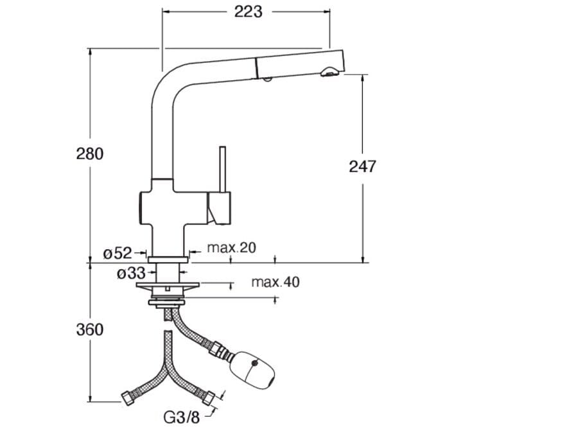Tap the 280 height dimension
(x=90, y=153)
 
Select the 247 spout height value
(x=362, y=166)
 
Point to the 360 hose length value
(x=90, y=329)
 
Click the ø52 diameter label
(x=118, y=254)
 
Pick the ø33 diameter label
(x=130, y=274)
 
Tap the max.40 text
(x=275, y=282)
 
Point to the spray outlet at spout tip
(x=329, y=73)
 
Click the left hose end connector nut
(x=127, y=397)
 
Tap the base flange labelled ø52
(x=168, y=259)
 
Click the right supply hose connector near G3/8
(x=211, y=397)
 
